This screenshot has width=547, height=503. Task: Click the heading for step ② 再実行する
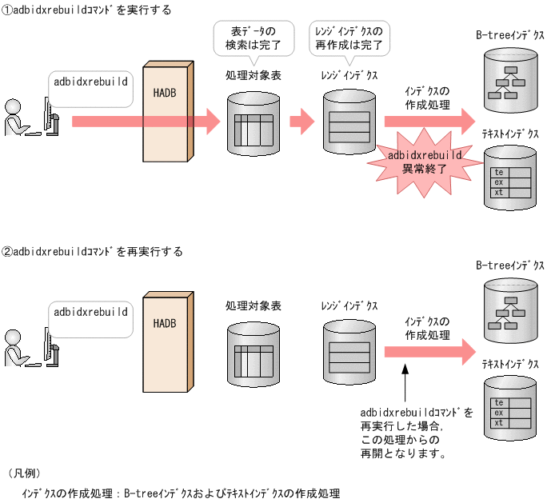[92, 251]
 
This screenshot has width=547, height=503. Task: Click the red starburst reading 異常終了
[418, 162]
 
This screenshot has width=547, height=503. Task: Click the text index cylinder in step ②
[510, 412]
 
